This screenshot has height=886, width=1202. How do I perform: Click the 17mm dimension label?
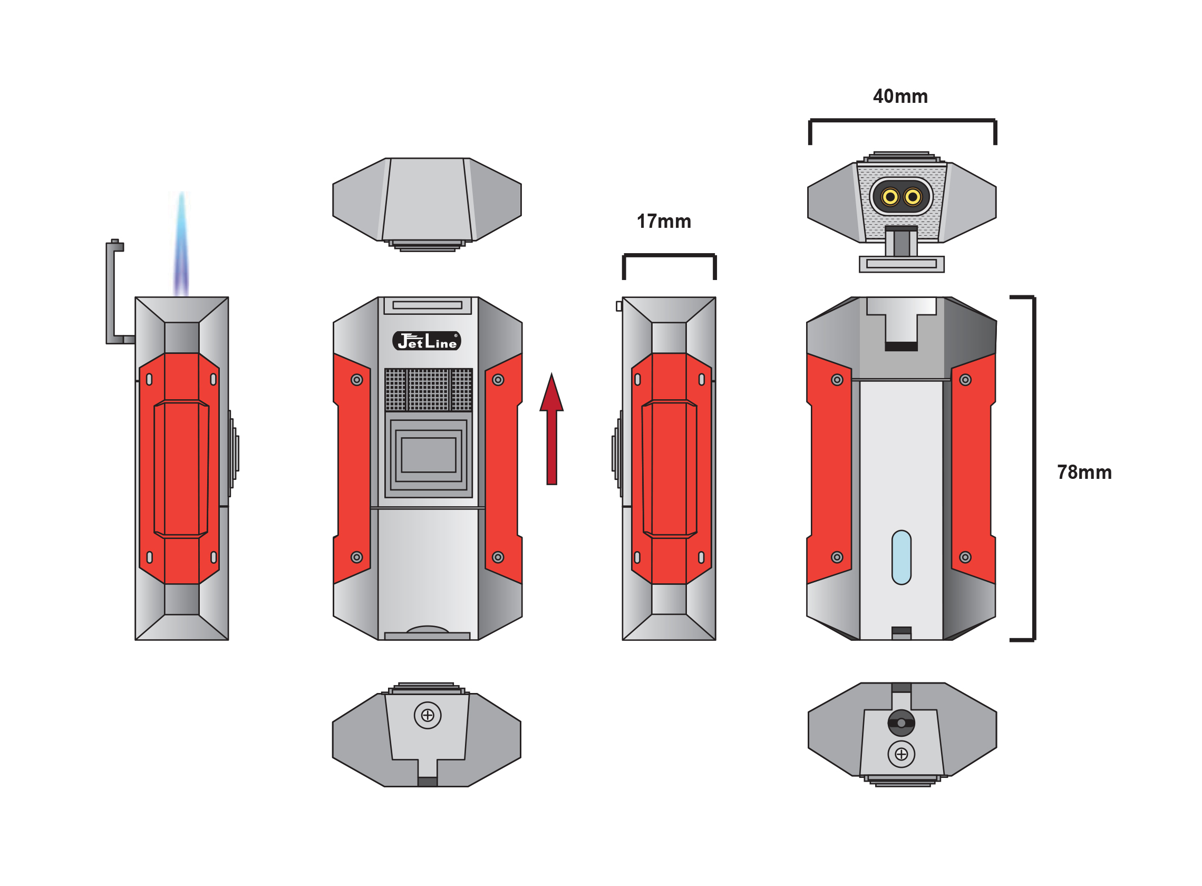(x=663, y=221)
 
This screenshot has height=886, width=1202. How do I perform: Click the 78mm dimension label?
(x=1083, y=473)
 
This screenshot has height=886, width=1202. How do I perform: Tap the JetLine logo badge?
(x=426, y=341)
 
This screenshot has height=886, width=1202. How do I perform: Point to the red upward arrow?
(x=551, y=429)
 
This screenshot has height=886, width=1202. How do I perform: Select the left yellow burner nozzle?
(x=890, y=197)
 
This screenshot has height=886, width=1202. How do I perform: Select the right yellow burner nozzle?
(x=913, y=197)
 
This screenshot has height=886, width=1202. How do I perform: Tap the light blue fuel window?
(x=901, y=557)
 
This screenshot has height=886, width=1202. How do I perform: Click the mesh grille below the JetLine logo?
(x=429, y=389)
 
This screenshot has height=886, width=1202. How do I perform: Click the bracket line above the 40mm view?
(x=902, y=121)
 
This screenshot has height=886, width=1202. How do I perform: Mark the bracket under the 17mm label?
(x=668, y=256)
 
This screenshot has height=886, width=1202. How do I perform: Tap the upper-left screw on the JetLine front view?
(x=356, y=380)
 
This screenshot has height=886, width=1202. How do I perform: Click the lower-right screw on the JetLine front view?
(x=498, y=557)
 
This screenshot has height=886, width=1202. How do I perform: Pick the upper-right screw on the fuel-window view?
(x=965, y=380)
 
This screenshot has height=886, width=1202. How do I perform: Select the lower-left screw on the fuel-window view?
(x=837, y=557)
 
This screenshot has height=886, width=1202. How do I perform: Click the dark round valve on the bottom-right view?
(x=901, y=723)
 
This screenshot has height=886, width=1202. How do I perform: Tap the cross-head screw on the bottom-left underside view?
(x=428, y=715)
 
